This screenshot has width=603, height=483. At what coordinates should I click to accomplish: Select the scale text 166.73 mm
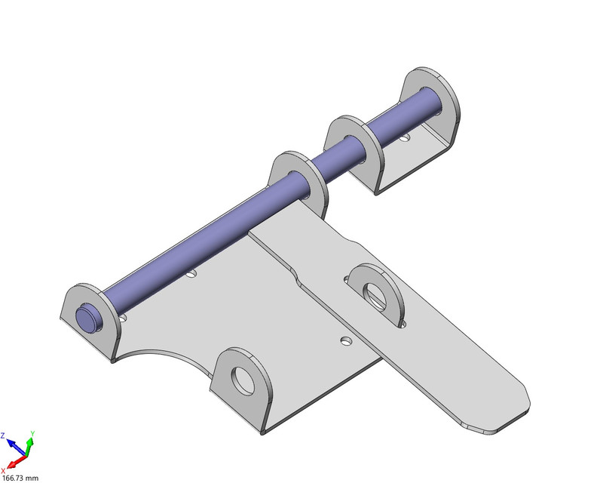[20, 477]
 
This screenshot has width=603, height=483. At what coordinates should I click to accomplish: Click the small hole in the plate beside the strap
[346, 341]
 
